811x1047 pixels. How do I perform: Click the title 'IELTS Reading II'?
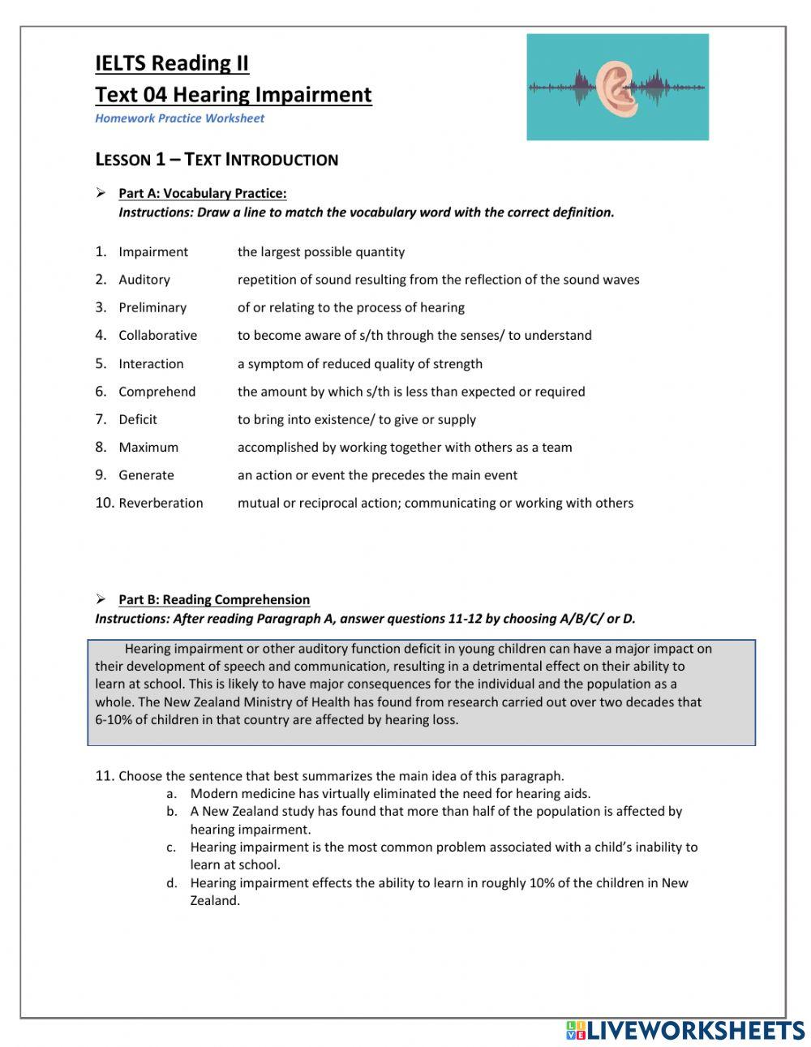click(x=172, y=63)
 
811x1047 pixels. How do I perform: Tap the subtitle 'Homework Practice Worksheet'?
click(x=179, y=118)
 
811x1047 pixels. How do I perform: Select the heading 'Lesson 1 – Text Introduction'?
click(x=217, y=160)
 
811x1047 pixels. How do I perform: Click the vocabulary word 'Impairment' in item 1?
click(x=152, y=252)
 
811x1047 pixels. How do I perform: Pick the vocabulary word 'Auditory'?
click(x=144, y=280)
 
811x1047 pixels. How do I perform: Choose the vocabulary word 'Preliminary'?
click(x=152, y=307)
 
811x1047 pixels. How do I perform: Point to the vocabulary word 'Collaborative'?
click(x=157, y=336)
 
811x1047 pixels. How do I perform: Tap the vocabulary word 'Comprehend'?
click(x=157, y=392)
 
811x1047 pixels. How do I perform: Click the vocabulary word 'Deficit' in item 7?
click(x=137, y=419)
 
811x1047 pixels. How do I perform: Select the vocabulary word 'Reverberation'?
click(x=161, y=503)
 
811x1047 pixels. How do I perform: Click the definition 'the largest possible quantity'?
click(x=320, y=252)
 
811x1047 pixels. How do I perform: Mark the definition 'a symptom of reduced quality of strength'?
click(x=359, y=364)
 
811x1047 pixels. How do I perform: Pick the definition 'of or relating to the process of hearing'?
click(x=350, y=307)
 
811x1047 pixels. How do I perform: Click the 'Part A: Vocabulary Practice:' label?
click(x=202, y=193)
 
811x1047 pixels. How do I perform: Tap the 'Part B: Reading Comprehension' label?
click(x=213, y=600)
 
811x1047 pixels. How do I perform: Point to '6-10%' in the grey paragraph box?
click(x=113, y=720)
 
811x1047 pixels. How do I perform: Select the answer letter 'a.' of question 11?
click(x=171, y=794)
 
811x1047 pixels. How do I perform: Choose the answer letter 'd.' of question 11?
click(x=171, y=883)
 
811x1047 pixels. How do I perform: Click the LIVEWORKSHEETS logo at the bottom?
click(x=684, y=1030)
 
